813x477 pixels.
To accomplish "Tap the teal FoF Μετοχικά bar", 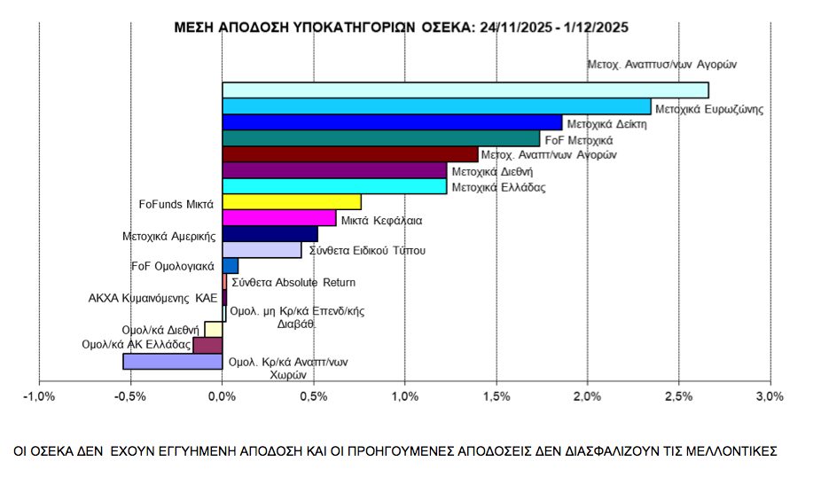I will coord(380,138).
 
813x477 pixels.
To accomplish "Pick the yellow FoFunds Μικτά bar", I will coord(292,202).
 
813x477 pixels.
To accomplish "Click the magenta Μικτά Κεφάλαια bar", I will coord(279,218).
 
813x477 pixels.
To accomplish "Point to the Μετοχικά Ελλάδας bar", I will coord(334,186).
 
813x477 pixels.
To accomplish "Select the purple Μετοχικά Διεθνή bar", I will coord(334,170).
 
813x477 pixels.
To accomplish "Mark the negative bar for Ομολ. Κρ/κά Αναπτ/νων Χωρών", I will coord(173,362).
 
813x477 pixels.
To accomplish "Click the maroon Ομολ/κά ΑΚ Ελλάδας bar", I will coord(207,345).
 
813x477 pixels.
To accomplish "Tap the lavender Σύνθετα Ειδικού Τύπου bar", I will coord(262,250).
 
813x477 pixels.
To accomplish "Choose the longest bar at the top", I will coord(465,90).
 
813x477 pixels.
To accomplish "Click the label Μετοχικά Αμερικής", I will coord(169,237).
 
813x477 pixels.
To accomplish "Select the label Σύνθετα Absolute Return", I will coord(293,283).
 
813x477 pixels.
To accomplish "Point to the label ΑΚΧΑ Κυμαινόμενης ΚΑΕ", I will coord(152,299).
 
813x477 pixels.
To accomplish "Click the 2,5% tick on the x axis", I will coord(678,396).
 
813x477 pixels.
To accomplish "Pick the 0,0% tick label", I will coord(223,396).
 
